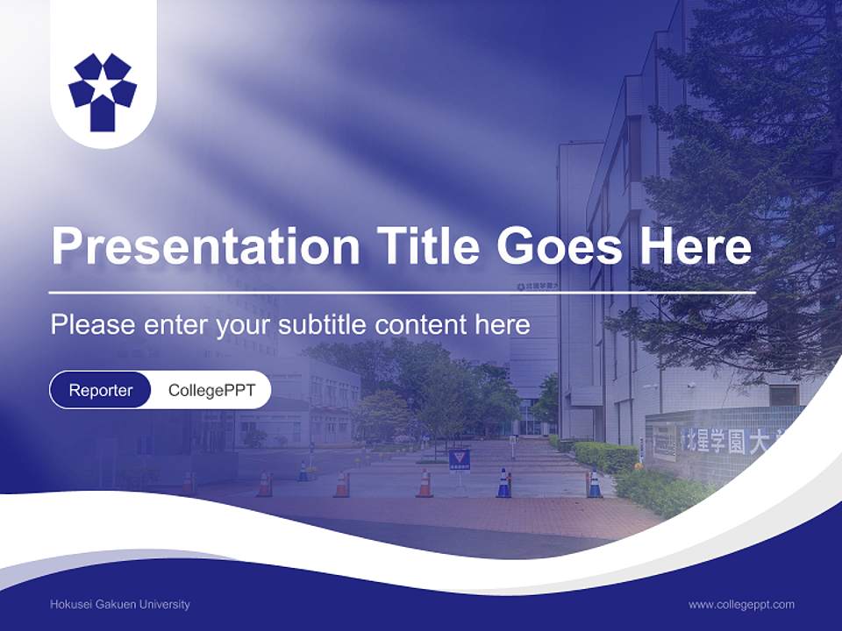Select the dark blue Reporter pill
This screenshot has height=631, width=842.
pos(100,390)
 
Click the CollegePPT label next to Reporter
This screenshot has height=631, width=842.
pos(211,390)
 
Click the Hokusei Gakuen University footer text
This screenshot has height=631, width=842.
pos(120,605)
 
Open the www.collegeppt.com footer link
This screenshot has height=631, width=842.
pos(741,605)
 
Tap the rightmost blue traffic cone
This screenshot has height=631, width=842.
pos(595,484)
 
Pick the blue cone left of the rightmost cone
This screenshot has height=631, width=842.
pos(503,484)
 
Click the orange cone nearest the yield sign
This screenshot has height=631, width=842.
pos(425,484)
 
